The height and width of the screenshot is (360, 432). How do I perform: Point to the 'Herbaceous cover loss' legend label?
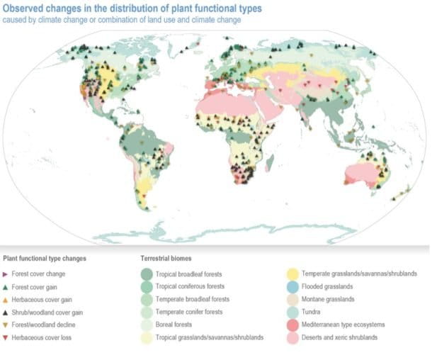click(42, 337)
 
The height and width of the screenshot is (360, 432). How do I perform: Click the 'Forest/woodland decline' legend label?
click(45, 325)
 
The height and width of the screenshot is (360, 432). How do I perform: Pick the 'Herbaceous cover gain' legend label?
click(42, 299)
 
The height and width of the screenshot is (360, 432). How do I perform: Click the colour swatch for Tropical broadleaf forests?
click(147, 274)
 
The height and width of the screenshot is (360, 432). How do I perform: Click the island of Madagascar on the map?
click(270, 164)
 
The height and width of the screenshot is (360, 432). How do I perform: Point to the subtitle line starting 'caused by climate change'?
click(121, 20)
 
